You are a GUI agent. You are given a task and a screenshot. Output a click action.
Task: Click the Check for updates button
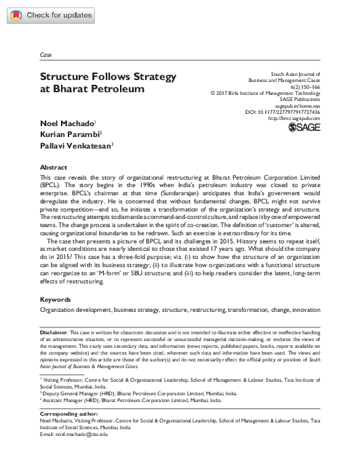click(52, 15)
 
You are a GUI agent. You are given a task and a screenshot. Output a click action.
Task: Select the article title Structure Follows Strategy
click(108, 76)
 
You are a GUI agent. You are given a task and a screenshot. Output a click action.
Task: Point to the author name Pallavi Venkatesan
click(76, 144)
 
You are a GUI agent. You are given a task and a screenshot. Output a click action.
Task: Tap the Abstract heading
click(54, 167)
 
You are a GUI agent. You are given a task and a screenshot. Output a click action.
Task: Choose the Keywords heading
click(56, 298)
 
